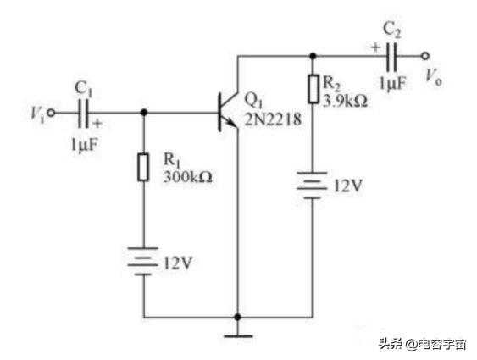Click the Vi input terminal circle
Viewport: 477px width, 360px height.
[x=52, y=113]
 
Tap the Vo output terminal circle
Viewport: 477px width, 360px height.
[x=425, y=56]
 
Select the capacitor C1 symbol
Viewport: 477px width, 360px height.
[x=83, y=113]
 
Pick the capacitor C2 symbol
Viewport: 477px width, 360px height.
[x=391, y=56]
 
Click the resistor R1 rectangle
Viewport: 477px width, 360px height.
[x=143, y=167]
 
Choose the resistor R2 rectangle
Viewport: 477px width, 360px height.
[x=313, y=88]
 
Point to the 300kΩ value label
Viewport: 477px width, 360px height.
[x=188, y=177]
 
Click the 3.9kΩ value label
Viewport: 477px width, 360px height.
[x=345, y=101]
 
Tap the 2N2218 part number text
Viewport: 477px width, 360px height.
[x=273, y=119]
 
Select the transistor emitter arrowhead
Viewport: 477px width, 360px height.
[x=232, y=123]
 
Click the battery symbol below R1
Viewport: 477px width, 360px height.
[x=143, y=261]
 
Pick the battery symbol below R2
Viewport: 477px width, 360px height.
[x=312, y=186]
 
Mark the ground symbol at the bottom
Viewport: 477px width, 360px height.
[x=238, y=336]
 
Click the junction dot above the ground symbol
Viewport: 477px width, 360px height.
[x=238, y=318]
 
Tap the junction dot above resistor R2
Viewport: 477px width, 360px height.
[x=313, y=56]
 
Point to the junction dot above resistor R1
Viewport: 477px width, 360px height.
[x=144, y=113]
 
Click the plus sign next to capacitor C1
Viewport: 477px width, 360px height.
[x=97, y=124]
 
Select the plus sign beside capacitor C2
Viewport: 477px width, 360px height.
[x=376, y=47]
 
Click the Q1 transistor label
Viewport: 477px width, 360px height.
[x=253, y=100]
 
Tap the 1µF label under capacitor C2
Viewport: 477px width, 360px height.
[x=393, y=83]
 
